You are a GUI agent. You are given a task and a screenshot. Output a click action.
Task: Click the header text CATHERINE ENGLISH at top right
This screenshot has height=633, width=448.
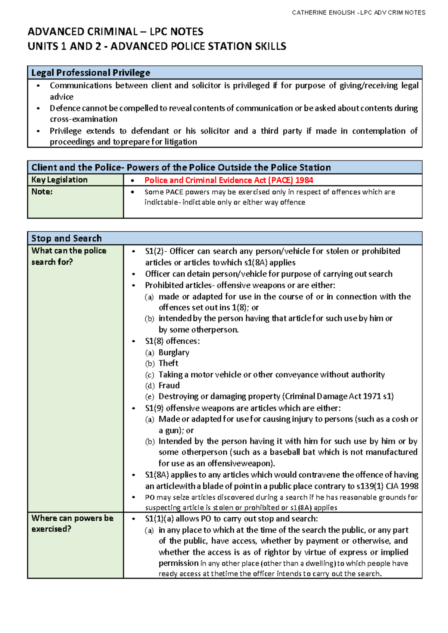323,13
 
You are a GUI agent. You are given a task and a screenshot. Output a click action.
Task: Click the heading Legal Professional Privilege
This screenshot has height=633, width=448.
91,73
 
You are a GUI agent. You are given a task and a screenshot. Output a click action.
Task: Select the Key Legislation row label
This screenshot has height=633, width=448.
59,180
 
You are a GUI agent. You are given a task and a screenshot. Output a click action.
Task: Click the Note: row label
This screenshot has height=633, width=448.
42,192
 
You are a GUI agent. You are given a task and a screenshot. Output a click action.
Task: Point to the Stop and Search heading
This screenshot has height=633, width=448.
66,238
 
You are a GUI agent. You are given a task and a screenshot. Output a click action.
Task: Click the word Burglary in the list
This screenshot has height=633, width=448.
174,352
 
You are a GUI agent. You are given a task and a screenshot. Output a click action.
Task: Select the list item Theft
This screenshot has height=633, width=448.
168,363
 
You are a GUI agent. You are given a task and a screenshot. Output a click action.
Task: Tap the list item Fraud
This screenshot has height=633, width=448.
169,386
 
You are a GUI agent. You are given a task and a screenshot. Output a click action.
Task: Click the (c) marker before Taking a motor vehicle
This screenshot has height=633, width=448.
150,375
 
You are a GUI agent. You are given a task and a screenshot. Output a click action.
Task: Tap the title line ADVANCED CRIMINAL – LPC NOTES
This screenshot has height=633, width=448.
115,31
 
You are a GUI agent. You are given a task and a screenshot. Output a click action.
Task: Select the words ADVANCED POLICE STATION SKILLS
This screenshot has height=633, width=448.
198,46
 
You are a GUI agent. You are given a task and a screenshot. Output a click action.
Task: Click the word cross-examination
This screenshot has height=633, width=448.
84,119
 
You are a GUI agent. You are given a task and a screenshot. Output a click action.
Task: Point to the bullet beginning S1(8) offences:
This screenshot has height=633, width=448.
172,341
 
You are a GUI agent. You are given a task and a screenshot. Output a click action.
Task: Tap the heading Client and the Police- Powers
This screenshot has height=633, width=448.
181,168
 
